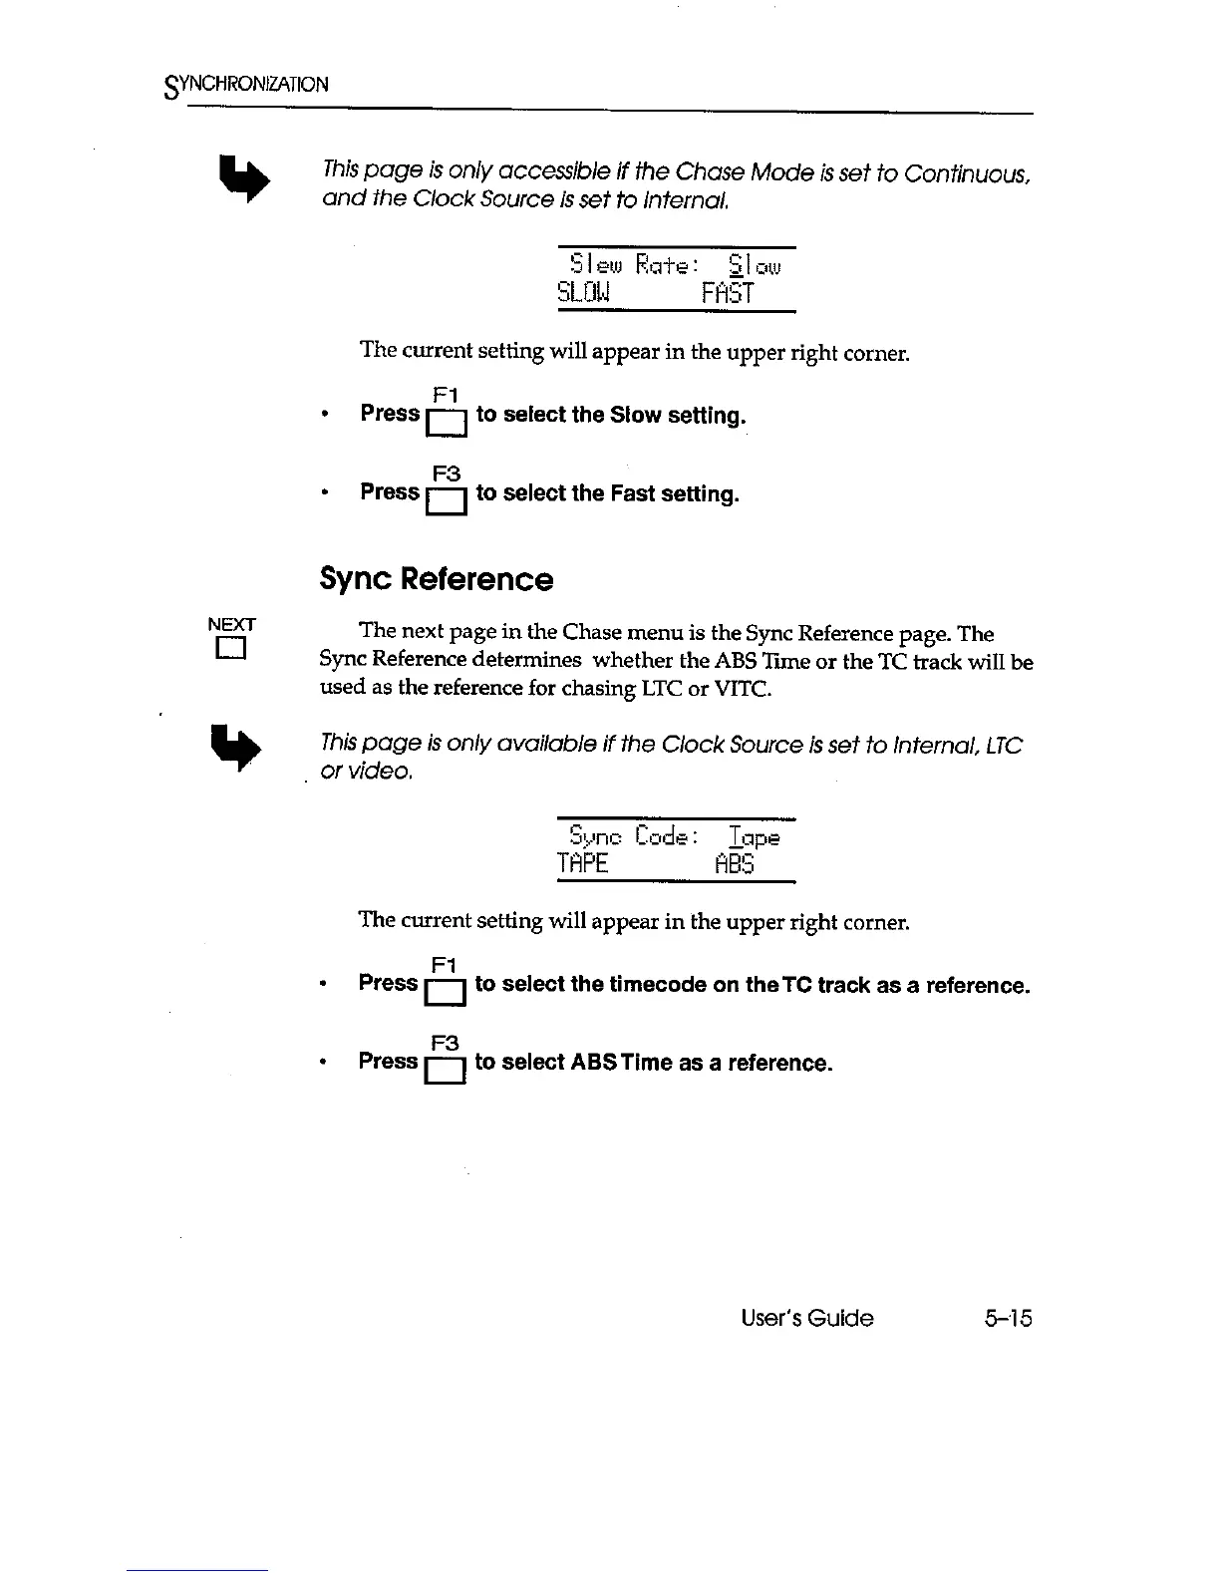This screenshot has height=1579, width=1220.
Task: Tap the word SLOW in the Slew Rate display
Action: (x=584, y=293)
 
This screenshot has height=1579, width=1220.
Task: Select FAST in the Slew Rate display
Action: (x=728, y=293)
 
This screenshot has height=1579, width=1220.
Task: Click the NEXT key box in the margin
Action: (x=232, y=651)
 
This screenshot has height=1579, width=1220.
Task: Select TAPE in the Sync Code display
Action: (x=583, y=864)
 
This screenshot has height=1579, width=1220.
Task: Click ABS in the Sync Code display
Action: (x=735, y=864)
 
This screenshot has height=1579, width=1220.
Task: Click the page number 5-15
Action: (x=1007, y=1318)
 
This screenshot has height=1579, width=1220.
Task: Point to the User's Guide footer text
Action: (x=807, y=1318)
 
